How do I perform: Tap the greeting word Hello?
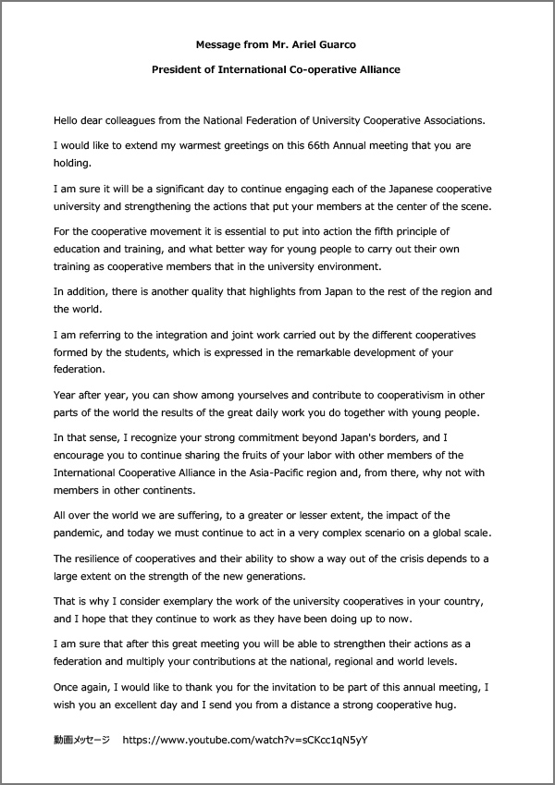[x=68, y=120]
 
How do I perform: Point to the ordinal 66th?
[x=322, y=145]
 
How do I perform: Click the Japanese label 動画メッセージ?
[x=81, y=741]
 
